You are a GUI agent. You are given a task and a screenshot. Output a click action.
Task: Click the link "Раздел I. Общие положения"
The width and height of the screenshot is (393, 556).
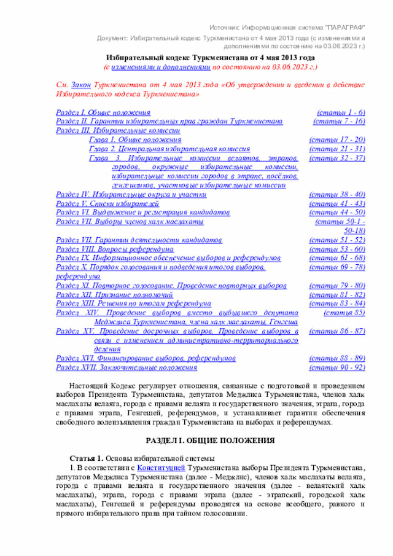103,113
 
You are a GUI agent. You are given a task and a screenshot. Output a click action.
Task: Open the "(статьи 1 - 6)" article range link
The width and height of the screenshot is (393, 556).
341,113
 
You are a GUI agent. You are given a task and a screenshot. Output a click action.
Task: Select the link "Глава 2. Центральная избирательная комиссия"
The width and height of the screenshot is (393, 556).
169,149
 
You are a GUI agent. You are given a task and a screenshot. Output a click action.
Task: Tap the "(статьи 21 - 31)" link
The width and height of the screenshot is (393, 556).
337,149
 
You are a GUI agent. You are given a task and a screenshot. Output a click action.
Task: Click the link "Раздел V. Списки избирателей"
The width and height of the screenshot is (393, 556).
107,203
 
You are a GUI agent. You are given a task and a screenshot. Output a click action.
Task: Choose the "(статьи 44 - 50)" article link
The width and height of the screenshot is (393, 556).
337,212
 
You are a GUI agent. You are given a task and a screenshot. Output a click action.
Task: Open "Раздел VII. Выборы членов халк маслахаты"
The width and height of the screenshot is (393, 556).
129,221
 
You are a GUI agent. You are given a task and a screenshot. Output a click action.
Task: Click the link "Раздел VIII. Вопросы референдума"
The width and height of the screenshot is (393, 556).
114,249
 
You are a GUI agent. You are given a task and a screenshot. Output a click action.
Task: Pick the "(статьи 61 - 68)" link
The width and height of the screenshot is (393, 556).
337,259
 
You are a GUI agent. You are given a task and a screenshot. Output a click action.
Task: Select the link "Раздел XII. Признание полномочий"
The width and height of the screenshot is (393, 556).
114,296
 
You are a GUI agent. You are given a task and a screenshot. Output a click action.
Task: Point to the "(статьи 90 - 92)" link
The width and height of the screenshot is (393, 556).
337,367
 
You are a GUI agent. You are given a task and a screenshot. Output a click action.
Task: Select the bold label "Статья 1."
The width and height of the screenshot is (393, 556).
86,458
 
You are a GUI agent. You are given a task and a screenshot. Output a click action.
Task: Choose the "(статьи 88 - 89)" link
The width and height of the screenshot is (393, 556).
337,358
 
